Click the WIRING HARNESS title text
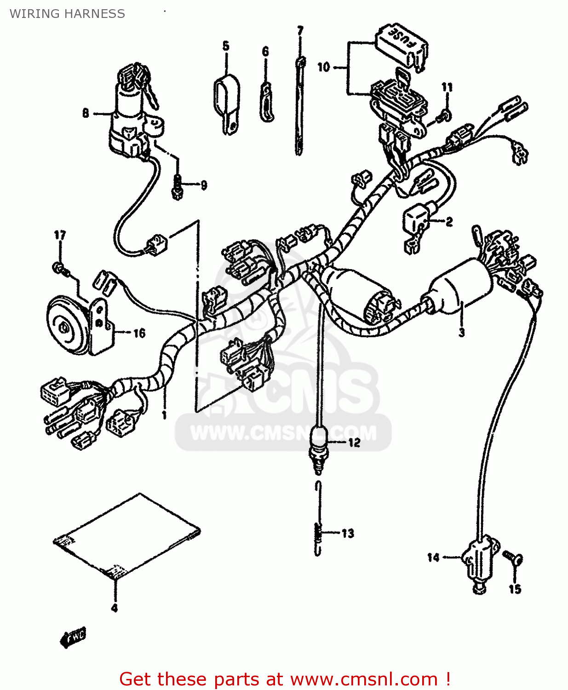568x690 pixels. pos(67,14)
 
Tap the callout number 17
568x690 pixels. pos(60,236)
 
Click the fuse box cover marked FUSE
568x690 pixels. pos(402,46)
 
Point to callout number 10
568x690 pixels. pos(323,67)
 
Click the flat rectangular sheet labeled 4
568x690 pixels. pos(126,536)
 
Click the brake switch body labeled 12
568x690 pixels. pos(318,444)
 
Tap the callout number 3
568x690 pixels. pos(462,332)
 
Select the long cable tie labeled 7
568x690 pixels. pos(299,106)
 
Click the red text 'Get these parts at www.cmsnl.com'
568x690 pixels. pos(284,679)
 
